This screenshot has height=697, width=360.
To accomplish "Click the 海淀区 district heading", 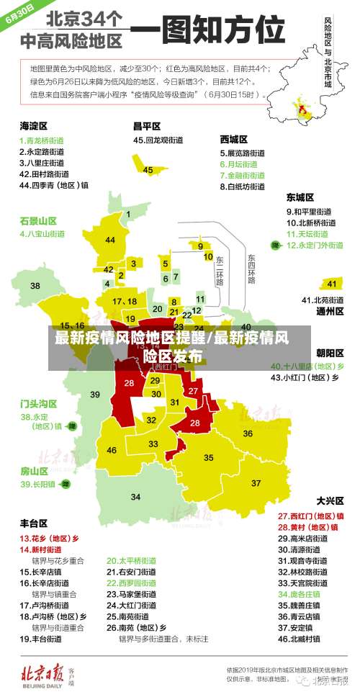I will pyautogui.click(x=33, y=125).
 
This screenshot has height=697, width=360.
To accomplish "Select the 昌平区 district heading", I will pyautogui.click(x=146, y=125).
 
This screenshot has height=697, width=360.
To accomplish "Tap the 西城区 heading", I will pyautogui.click(x=234, y=138).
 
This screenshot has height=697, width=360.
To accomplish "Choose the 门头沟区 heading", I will pyautogui.click(x=38, y=403).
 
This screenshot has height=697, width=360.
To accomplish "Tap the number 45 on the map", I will pyautogui.click(x=148, y=170).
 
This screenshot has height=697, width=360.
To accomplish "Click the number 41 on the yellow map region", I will pyautogui.click(x=331, y=283).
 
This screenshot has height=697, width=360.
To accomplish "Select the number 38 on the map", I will pyautogui.click(x=35, y=286).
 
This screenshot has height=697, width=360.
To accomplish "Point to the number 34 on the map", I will pyautogui.click(x=135, y=497).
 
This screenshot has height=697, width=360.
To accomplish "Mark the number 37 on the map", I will pyautogui.click(x=256, y=482).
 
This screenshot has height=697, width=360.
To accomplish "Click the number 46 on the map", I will pyautogui.click(x=112, y=450).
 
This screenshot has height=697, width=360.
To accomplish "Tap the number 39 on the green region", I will pyautogui.click(x=95, y=394).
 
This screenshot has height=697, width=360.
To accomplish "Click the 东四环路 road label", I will pyautogui.click(x=251, y=269).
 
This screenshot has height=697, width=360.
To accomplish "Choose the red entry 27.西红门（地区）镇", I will pyautogui.click(x=310, y=516).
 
